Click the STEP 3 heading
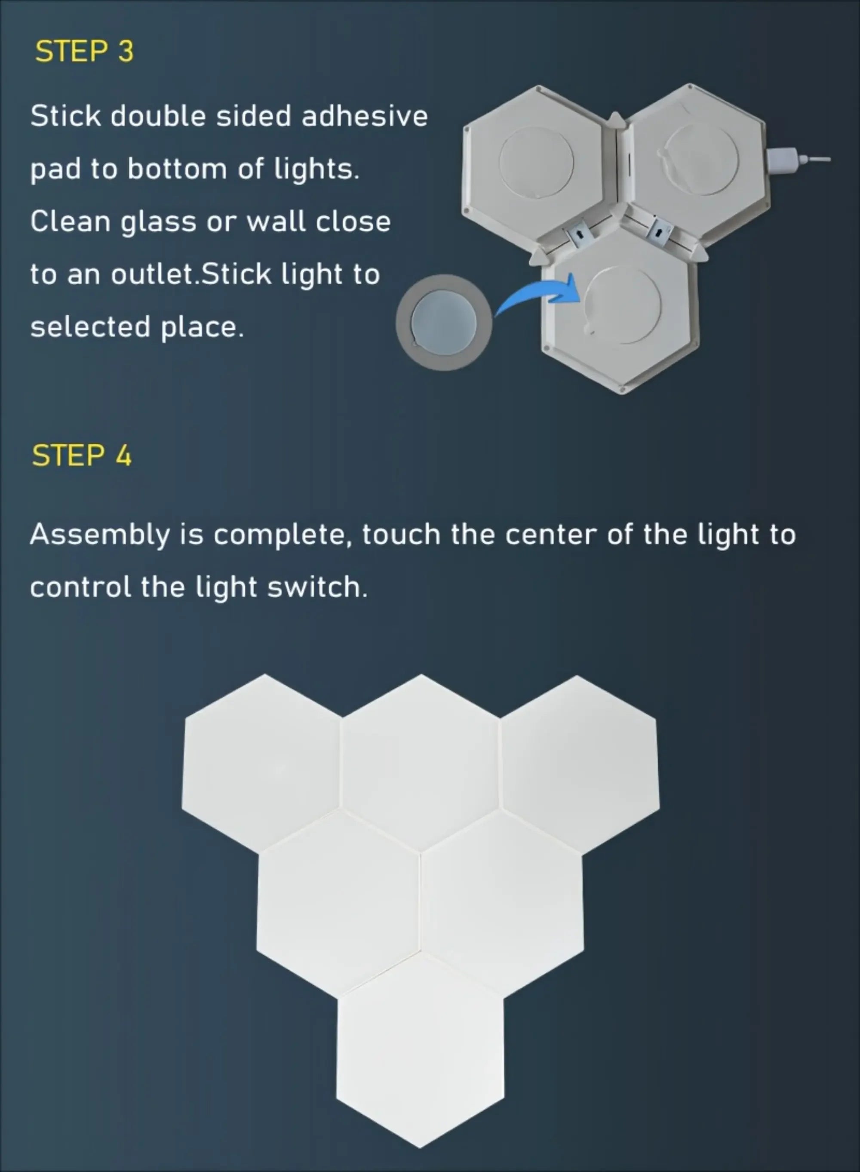click(84, 52)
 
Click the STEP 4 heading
click(82, 455)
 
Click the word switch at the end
click(317, 588)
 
